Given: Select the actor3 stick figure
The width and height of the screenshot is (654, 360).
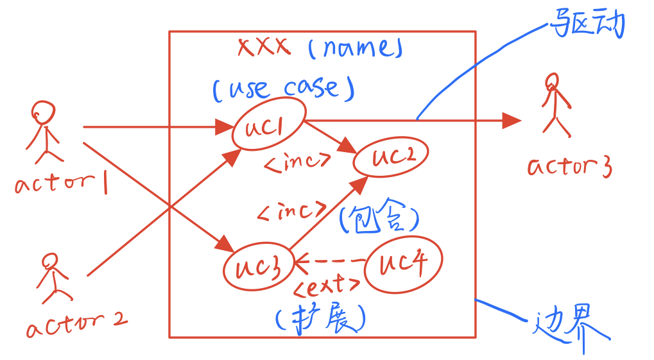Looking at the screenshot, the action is click(556, 105).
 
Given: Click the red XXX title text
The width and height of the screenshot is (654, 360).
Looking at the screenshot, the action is click(264, 46).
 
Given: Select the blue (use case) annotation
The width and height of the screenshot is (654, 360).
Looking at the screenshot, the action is click(284, 88).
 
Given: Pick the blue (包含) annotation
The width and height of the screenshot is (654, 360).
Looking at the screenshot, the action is click(379, 216).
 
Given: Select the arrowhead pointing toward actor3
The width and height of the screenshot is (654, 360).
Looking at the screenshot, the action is click(512, 121).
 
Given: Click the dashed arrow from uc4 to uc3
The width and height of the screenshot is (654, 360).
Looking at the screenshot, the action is click(329, 262).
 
